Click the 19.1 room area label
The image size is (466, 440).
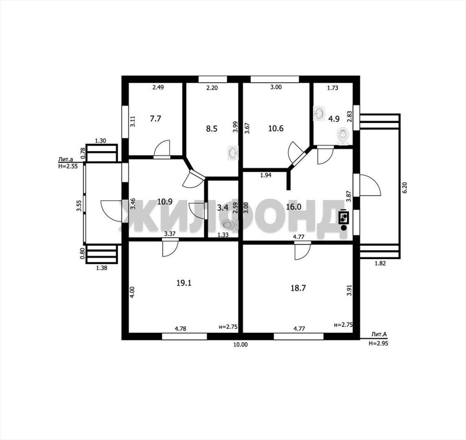184,282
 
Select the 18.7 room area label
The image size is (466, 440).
298,288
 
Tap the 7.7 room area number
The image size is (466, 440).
155,119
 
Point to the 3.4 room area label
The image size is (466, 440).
223,207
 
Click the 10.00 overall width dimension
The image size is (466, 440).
240,344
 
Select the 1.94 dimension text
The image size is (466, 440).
266,175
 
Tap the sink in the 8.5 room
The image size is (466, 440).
233,153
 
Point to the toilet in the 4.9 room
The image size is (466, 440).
343,134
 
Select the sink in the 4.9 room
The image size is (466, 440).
319,113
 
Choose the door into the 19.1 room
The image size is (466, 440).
170,247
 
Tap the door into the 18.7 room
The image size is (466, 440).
303,251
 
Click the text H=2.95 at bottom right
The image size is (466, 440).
378,343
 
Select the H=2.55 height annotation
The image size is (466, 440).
68,166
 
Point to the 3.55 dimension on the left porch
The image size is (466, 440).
79,205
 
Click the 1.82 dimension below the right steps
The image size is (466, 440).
380,263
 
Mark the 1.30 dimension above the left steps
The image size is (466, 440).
101,141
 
